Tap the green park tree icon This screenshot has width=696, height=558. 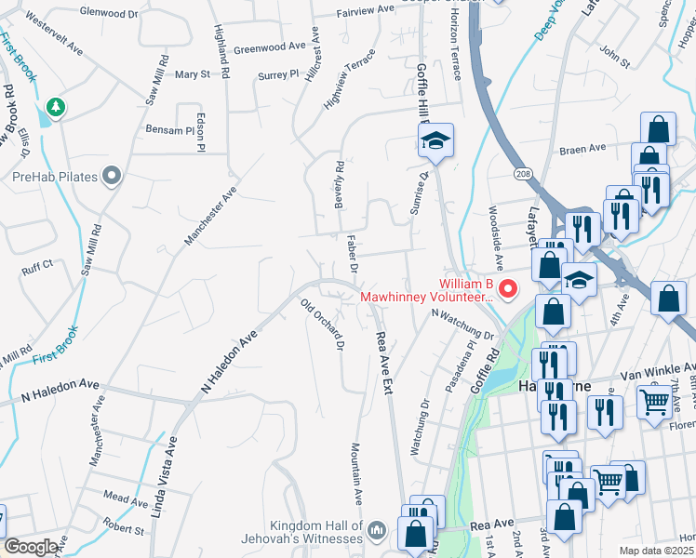coord(56,108)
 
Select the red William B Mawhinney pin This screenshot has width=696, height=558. coord(508,289)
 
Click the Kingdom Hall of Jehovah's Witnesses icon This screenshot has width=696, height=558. coord(377,529)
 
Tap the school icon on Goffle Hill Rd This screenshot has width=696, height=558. coord(435,141)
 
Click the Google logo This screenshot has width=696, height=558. coord(31,547)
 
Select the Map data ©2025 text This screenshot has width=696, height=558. coord(656,551)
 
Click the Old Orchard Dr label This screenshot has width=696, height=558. coord(323,325)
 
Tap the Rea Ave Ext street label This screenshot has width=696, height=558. coord(382,358)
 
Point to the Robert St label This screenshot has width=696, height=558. coord(123,530)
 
